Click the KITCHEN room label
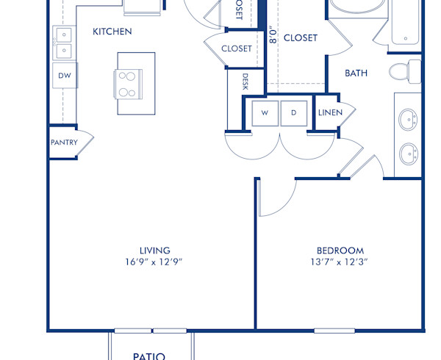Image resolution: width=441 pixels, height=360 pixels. pos(112,32)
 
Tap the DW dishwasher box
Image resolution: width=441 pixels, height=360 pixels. pos(64,75)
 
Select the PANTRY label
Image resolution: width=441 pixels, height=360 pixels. pos(64,143)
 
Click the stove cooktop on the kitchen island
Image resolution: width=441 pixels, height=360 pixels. pos(126,83)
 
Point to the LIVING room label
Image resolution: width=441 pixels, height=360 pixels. pos(155,251)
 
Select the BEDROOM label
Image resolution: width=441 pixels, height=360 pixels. pos(340,251)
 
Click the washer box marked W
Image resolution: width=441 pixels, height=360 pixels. pos(265,112)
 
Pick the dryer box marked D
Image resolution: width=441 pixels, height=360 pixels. pos(294,112)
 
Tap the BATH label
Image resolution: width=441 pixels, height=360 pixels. pos(357,73)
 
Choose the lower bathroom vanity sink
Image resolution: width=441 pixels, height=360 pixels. pos(408,154)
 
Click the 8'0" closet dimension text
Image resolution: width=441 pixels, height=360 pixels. pos(273,36)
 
